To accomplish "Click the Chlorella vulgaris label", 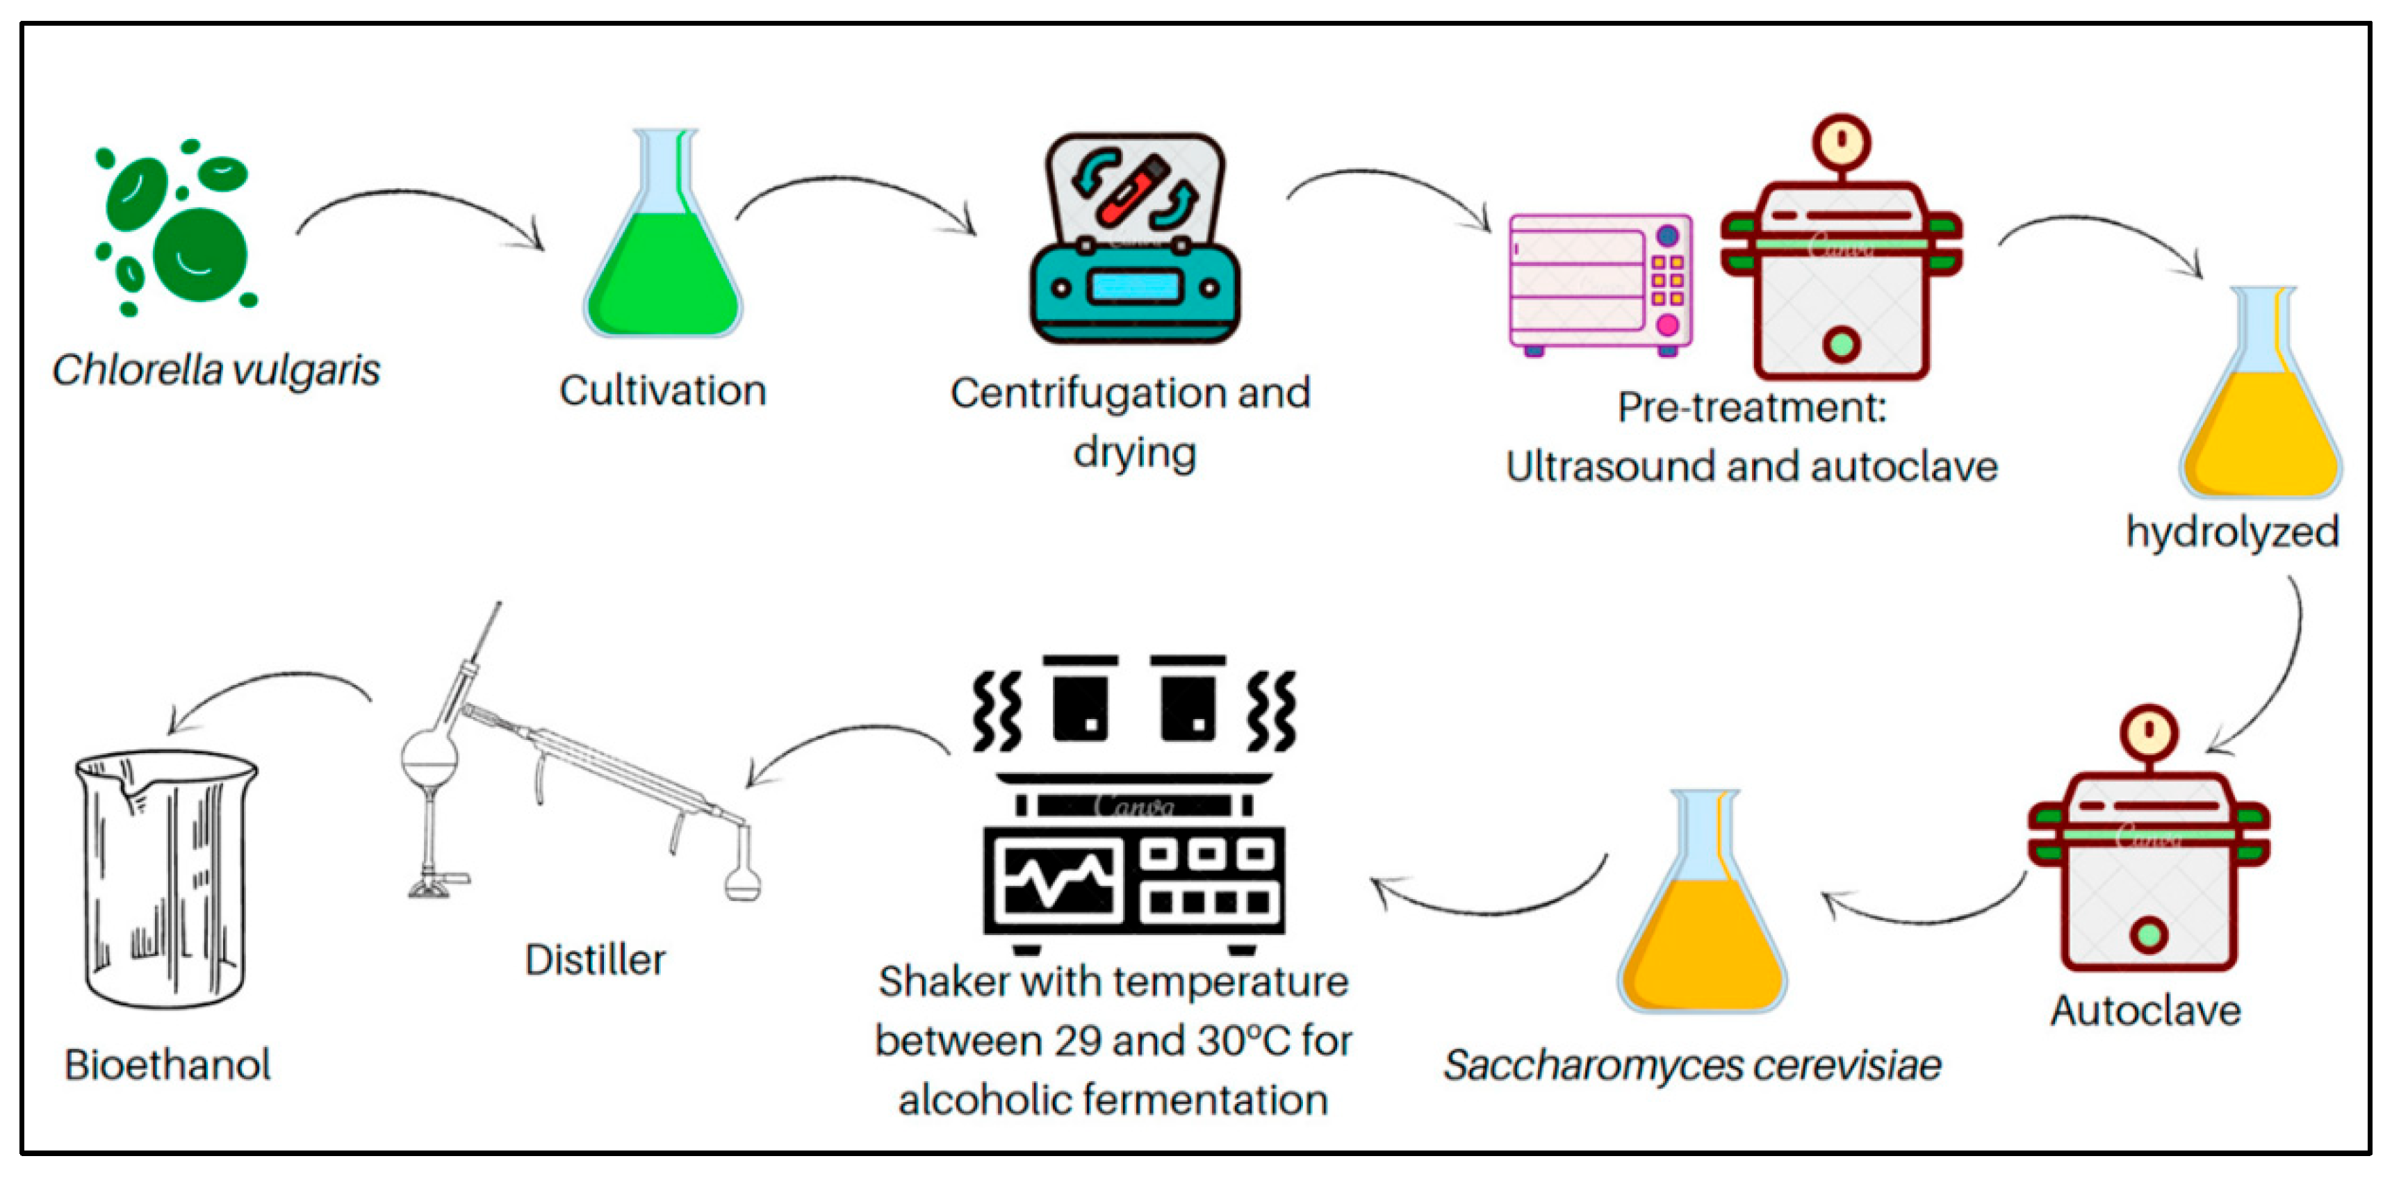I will click(x=215, y=370).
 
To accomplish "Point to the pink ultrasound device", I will click(x=1599, y=283).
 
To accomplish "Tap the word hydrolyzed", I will click(x=2231, y=533).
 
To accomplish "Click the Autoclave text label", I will click(x=2145, y=1011).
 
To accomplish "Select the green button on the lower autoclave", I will click(x=2149, y=934).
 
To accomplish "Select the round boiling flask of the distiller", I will click(x=429, y=759).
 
